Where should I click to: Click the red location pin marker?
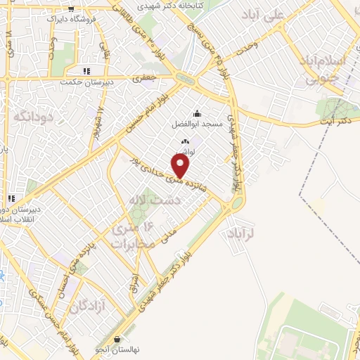(182, 166)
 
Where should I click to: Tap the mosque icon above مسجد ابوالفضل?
(197, 114)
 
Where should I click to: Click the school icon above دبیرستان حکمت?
(87, 70)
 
